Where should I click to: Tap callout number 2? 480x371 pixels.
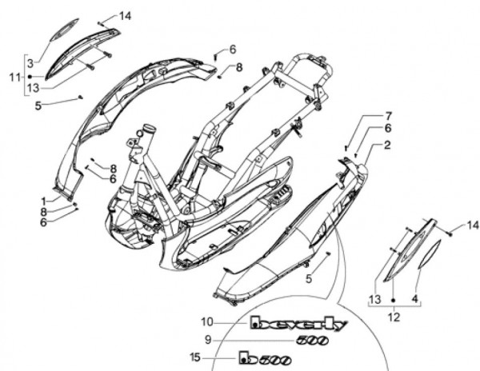coord(387,146)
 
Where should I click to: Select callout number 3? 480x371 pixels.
coord(30,63)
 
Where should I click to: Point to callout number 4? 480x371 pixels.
coord(414,301)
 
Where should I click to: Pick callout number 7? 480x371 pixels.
coord(389,115)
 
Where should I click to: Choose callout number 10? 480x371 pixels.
coord(206,322)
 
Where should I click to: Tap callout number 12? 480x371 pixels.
coord(393,317)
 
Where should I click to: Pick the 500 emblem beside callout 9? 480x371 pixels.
coord(312,340)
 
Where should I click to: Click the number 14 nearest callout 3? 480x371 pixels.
coord(126,16)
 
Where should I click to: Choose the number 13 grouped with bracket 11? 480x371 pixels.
coord(31,88)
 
